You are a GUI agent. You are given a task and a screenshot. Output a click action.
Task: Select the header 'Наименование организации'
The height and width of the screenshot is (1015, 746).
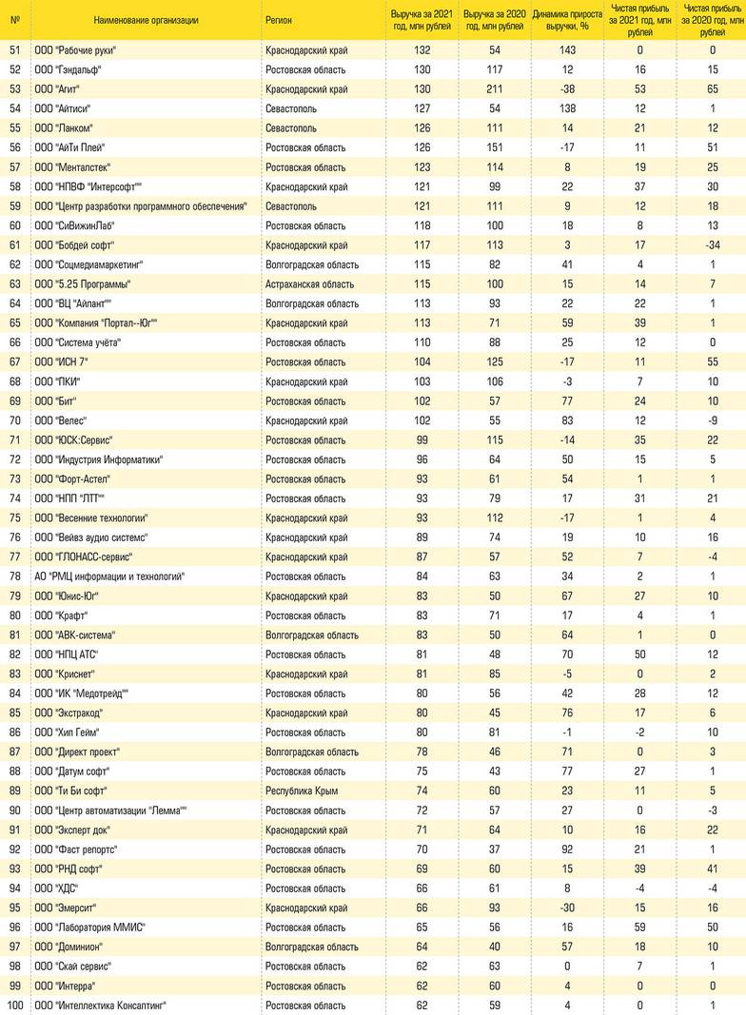pos(147,20)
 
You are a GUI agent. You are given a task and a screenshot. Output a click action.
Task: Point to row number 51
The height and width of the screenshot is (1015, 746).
pos(14,49)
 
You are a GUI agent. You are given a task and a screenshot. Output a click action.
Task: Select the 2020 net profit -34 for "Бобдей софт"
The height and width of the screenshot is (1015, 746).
pos(712,245)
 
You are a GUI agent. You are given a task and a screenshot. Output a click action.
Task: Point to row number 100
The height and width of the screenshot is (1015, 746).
pos(14,1005)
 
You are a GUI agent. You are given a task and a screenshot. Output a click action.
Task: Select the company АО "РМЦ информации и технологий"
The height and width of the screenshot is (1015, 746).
pos(109,576)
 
